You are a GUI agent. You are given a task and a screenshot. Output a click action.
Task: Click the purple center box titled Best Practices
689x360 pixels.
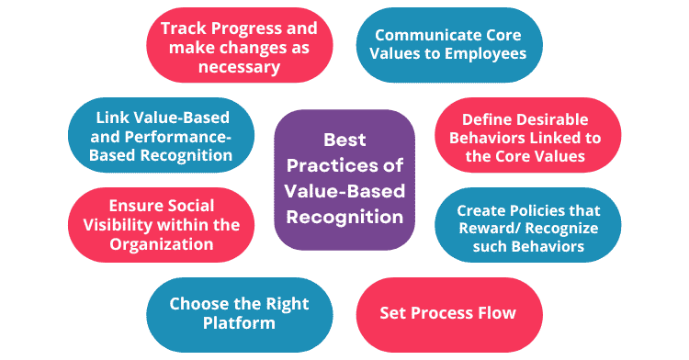point(344,180)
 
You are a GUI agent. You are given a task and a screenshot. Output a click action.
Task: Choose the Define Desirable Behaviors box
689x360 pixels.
point(531,138)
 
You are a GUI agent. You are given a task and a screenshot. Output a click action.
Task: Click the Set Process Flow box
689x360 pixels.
point(447,312)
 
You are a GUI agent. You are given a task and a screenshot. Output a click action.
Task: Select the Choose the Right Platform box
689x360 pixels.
point(239,313)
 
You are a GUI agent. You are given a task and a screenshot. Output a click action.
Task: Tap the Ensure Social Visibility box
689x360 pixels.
point(161,226)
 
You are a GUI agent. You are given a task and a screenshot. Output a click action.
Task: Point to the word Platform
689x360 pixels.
point(239,323)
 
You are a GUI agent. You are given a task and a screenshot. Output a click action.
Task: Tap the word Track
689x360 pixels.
point(183,28)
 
